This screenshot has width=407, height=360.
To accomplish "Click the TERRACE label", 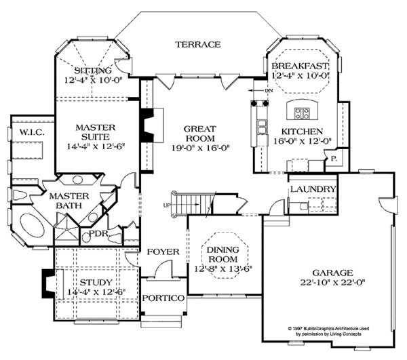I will tap(197, 45).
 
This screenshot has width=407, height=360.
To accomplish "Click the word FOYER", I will tap(163, 252).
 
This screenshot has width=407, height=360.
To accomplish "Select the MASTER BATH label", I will tap(66, 200).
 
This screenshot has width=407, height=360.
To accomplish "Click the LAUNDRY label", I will tap(312, 189).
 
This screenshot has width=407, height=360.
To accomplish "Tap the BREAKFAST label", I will tap(300, 66).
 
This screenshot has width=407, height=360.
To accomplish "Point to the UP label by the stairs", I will tap(167, 204).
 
